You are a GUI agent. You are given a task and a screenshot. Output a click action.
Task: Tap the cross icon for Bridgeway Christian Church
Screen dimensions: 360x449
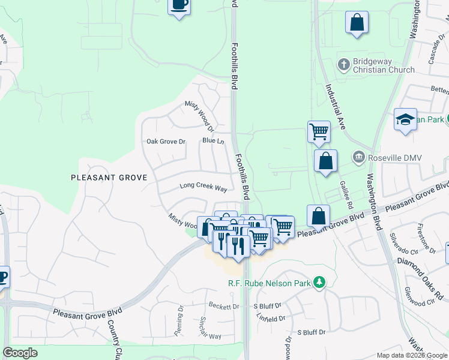click(x=343, y=63)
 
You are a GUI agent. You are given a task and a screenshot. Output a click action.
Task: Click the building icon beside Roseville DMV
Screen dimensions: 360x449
click(x=359, y=158)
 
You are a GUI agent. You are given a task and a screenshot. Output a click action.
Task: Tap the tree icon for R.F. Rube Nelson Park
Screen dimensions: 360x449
click(x=320, y=281)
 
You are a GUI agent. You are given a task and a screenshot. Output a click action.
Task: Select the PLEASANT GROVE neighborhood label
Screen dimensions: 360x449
click(x=109, y=178)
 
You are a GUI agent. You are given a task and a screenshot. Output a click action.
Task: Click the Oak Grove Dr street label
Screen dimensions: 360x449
click(x=166, y=142)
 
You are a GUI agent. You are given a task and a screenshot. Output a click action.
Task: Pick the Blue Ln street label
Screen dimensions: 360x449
click(x=213, y=141)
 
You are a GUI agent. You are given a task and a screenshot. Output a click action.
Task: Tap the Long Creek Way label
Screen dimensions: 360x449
click(x=203, y=187)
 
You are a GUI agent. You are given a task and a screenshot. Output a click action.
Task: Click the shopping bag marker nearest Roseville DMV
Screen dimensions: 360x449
click(x=325, y=161)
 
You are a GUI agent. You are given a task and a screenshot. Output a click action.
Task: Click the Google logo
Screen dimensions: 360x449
click(x=20, y=353)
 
